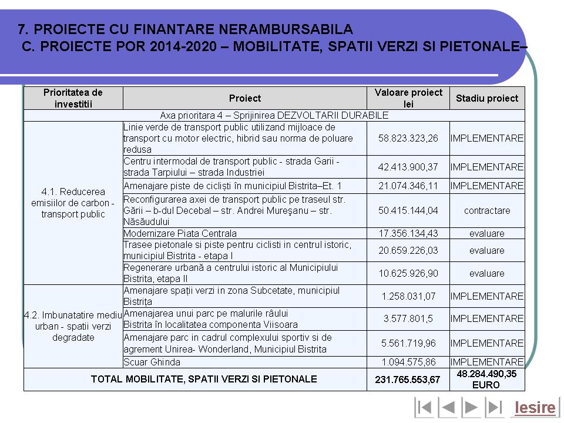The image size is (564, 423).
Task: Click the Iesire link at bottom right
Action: tap(535, 407)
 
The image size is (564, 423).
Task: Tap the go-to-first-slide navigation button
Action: tap(424, 407)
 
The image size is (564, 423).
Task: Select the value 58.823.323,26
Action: tap(408, 138)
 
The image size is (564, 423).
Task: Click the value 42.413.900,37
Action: tap(408, 167)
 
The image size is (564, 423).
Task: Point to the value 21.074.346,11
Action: tap(408, 186)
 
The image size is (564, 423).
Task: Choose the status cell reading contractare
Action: tap(487, 210)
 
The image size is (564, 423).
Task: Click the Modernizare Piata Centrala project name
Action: tap(180, 233)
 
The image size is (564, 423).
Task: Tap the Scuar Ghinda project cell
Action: tap(152, 362)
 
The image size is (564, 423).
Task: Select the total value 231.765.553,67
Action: tap(408, 380)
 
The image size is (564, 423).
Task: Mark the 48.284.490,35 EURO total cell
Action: tap(487, 380)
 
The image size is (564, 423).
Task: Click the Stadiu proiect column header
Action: tap(487, 98)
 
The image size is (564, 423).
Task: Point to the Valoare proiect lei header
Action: tap(408, 98)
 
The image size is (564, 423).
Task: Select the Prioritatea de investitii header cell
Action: tap(73, 98)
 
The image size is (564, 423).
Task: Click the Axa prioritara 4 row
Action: tap(274, 115)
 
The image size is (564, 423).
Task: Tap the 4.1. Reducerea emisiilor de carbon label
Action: tap(73, 203)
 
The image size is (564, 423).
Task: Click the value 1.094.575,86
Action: tap(408, 362)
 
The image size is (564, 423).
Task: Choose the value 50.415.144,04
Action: tap(408, 210)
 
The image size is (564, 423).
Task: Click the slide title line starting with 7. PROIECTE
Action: tap(186, 28)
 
